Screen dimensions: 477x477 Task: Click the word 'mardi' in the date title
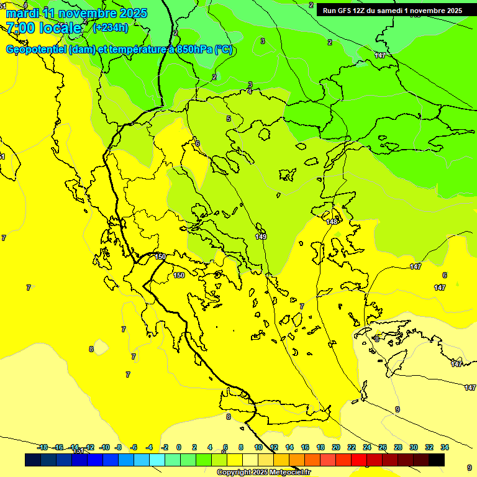22,13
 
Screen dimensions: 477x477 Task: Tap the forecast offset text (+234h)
110,27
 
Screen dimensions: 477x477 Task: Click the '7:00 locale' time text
43,28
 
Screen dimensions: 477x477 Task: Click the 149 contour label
261,237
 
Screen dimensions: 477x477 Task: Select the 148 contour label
332,222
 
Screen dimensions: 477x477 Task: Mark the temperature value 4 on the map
250,91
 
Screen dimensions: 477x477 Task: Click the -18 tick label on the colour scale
42,447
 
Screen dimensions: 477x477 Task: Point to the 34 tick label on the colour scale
445,447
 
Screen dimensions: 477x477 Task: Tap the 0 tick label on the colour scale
179,447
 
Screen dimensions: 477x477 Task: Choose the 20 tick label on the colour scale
335,447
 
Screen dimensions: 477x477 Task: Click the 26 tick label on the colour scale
383,447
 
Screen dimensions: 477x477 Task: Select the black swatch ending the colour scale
437,460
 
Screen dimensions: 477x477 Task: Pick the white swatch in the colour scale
250,460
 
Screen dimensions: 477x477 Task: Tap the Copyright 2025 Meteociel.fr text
263,473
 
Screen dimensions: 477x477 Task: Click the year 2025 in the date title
132,13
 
